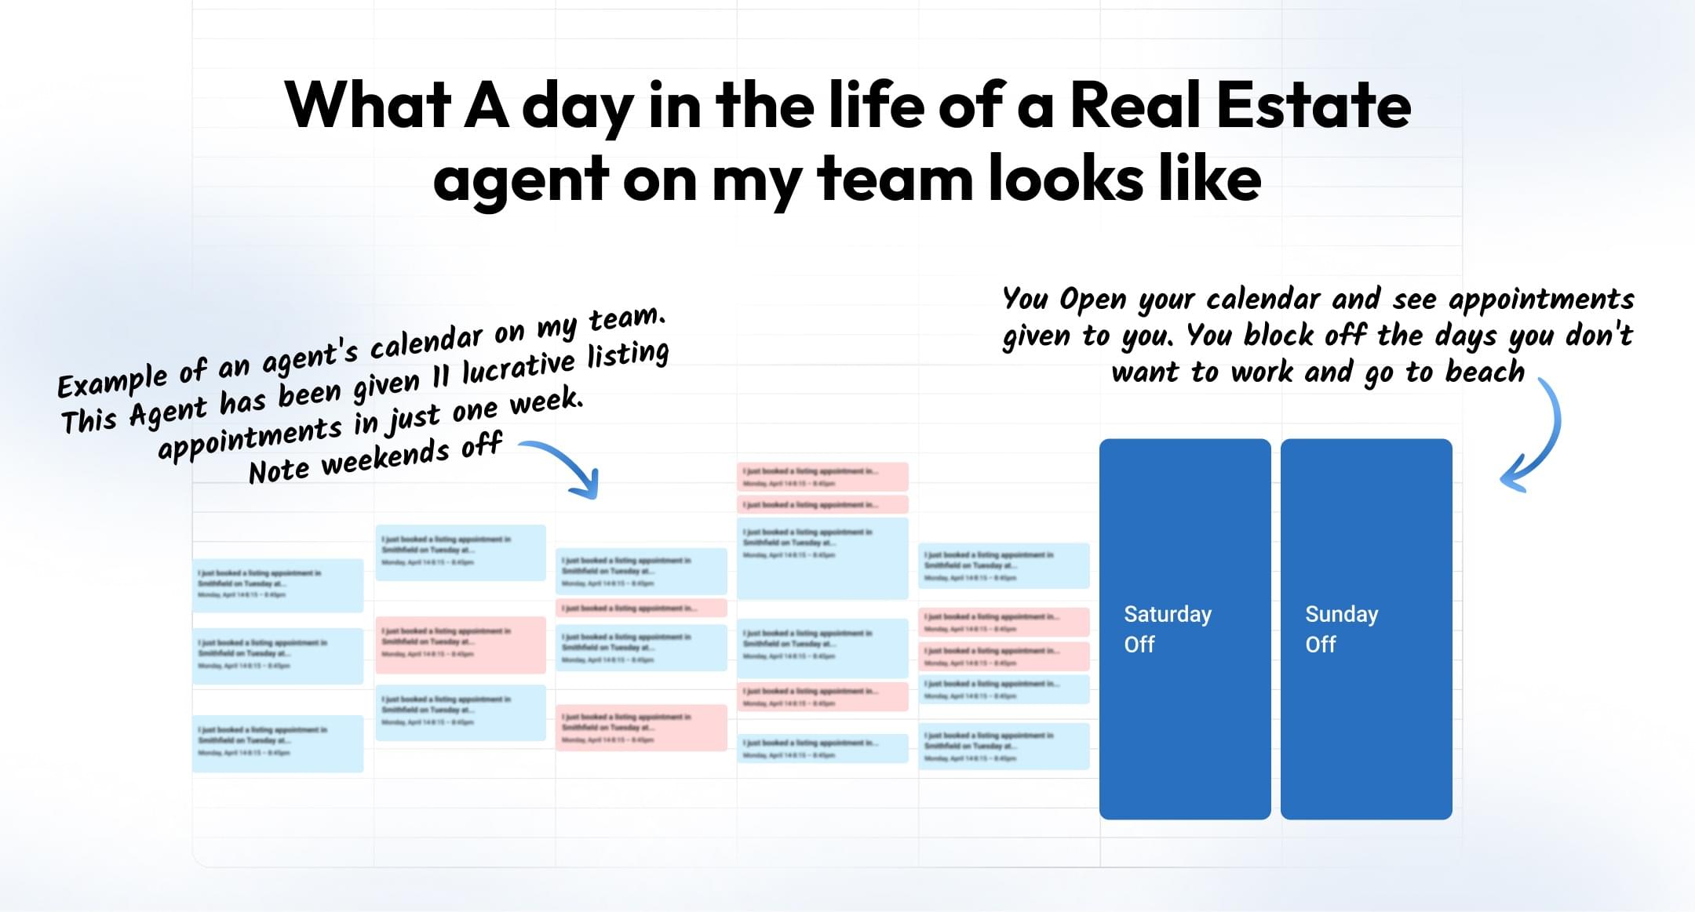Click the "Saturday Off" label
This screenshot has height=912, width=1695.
coord(1168,629)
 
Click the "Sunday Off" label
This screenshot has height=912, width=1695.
coord(1341,629)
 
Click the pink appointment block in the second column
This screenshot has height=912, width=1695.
coord(461,645)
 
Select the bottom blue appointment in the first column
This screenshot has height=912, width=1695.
coord(278,743)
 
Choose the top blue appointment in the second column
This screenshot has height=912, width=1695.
coord(461,552)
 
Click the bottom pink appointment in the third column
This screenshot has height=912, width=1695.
coord(641,728)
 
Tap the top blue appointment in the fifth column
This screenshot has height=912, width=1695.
coord(1004,565)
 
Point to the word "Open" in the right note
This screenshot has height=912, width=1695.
coord(1092,299)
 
